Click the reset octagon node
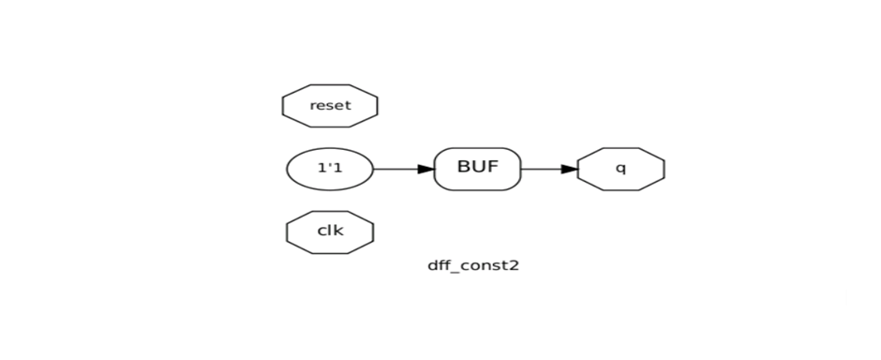coord(330,106)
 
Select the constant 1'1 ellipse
coord(330,170)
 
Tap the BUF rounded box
coord(477,169)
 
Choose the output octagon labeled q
coord(620,170)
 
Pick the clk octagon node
coord(330,232)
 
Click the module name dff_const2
coord(473,265)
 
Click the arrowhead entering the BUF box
coord(426,170)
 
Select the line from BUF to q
coord(541,170)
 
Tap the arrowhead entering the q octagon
coord(570,170)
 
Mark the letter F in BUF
coord(492,168)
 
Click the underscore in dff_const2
coord(455,270)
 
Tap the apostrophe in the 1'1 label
coord(330,167)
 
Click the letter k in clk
coord(338,232)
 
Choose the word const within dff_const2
coord(484,265)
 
